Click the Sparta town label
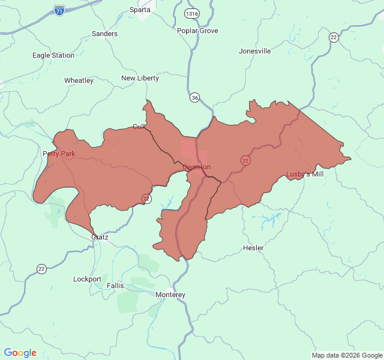point(140,10)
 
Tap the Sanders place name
point(104,34)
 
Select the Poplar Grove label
point(197,31)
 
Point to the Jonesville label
point(254,51)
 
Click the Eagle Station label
point(53,55)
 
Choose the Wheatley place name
point(79,80)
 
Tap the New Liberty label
point(140,78)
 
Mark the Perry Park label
point(59,154)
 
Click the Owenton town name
point(196,166)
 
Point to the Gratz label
point(100,237)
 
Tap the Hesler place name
point(253,248)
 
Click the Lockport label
point(87,279)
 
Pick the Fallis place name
point(115,286)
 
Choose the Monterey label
point(170,295)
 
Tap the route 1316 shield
point(191,14)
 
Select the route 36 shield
point(194,97)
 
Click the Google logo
point(20,353)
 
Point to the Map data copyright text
point(346,355)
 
